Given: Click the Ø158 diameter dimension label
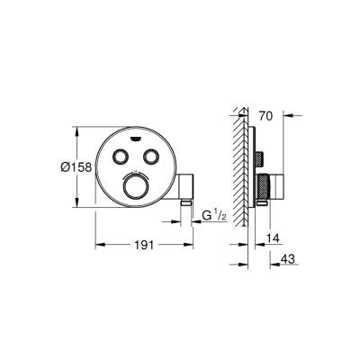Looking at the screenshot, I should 76,167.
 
